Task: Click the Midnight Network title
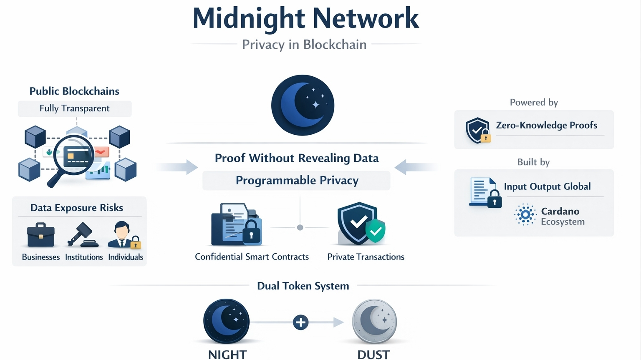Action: coord(305,19)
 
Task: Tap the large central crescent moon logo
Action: coord(303,105)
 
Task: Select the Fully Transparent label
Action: coord(74,108)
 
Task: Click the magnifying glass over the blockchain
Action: coord(73,156)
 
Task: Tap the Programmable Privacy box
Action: coord(296,181)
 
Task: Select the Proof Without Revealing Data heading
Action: coord(296,158)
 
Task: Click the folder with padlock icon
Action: coord(237,224)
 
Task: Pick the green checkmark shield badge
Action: coord(376,231)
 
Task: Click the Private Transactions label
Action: coord(366,257)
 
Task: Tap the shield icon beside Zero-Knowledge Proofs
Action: coord(477,130)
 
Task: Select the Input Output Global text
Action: coord(547,186)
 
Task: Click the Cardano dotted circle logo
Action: coord(525,215)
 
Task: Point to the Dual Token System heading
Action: coord(303,286)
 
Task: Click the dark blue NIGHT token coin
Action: coord(227,322)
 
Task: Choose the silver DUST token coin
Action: coord(374,322)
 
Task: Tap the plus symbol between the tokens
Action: coord(300,322)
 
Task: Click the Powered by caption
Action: coord(534,103)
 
